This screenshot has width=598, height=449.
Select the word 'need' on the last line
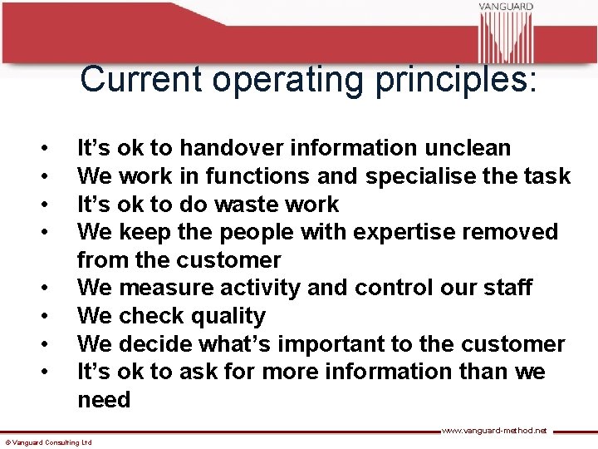click(x=104, y=400)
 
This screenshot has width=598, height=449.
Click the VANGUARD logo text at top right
click(x=505, y=7)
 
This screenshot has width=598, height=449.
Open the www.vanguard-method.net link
click(x=493, y=430)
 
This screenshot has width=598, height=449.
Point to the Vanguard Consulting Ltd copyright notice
click(x=48, y=442)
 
